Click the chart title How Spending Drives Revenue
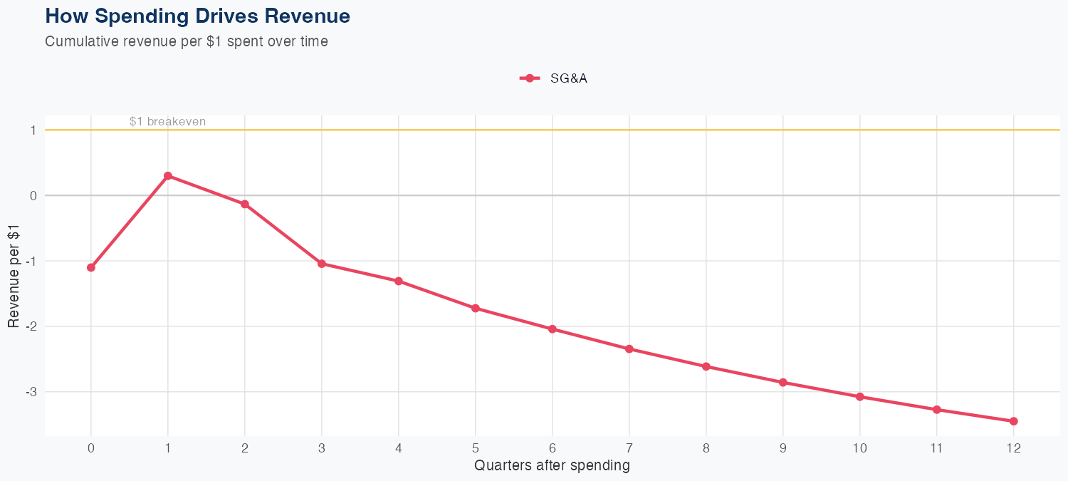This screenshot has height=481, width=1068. tap(197, 16)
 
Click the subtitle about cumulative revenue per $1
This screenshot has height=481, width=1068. tap(187, 41)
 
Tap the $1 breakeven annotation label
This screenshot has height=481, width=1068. tap(167, 122)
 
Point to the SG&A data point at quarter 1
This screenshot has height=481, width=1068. tap(168, 176)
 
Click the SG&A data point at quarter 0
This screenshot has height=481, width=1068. tap(91, 268)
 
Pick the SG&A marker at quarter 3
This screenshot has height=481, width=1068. tap(322, 264)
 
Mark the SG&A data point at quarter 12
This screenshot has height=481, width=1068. tap(1014, 421)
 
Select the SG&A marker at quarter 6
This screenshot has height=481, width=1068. tap(553, 329)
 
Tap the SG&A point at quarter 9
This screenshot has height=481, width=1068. tap(783, 383)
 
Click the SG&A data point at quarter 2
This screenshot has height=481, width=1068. tap(245, 205)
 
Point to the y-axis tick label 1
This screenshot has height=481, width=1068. tap(33, 130)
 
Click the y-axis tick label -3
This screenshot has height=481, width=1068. tap(31, 393)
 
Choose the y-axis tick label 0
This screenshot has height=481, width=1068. tap(33, 196)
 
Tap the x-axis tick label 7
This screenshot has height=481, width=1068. tap(629, 448)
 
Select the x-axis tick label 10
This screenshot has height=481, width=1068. tap(860, 448)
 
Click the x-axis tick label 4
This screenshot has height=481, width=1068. tap(399, 448)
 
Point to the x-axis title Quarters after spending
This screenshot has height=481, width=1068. tap(552, 466)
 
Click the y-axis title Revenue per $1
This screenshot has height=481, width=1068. tap(14, 276)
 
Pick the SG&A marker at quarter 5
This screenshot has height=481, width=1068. tap(476, 309)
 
